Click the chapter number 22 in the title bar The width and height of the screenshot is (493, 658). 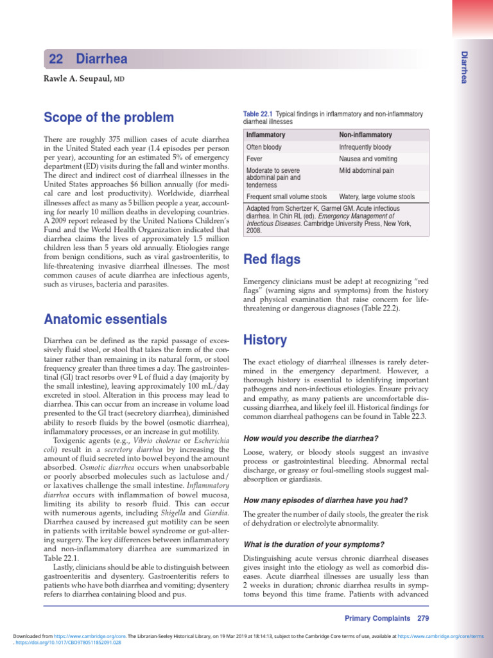(x=56, y=59)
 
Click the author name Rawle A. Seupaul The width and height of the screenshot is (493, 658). (x=78, y=78)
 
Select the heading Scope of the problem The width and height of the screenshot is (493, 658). (x=108, y=118)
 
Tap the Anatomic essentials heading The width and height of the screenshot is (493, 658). (x=105, y=319)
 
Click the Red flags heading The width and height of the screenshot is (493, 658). (x=272, y=260)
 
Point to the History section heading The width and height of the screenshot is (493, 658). (x=265, y=339)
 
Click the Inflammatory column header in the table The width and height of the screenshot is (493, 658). (x=266, y=135)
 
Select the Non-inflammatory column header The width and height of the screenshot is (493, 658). (x=365, y=135)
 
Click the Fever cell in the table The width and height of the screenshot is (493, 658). (x=255, y=159)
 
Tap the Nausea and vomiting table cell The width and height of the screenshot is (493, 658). (x=369, y=159)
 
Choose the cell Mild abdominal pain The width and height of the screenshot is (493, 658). (x=366, y=171)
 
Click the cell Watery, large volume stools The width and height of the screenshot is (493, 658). (x=376, y=197)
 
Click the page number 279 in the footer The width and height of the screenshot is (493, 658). (x=423, y=618)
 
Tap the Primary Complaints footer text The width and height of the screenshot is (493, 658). (x=377, y=618)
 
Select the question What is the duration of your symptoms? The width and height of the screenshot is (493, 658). (x=314, y=544)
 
